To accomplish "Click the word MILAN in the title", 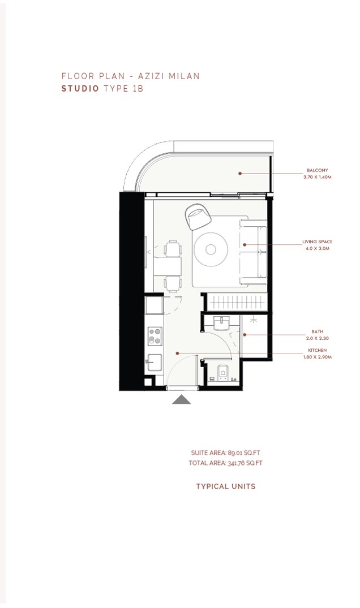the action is tap(185, 76).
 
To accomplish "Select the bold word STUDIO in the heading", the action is tap(80, 88).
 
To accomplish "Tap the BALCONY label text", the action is tap(318, 170).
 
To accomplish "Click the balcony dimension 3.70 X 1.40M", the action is tap(318, 177).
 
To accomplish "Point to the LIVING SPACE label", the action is tap(318, 242).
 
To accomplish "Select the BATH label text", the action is tap(318, 332).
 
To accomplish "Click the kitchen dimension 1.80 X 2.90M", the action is tap(318, 357).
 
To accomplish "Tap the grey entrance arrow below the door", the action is tap(181, 400).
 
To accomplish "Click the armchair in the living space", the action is tap(198, 217).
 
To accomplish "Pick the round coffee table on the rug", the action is tap(211, 249).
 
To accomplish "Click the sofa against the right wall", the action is tap(254, 252).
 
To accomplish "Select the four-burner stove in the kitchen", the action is tap(155, 336).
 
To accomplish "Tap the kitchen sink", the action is tap(153, 363).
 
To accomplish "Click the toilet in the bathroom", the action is tap(222, 373).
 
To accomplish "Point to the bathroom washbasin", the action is tap(221, 323).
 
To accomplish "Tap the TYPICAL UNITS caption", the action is tap(226, 486).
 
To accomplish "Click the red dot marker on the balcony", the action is tap(240, 173).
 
